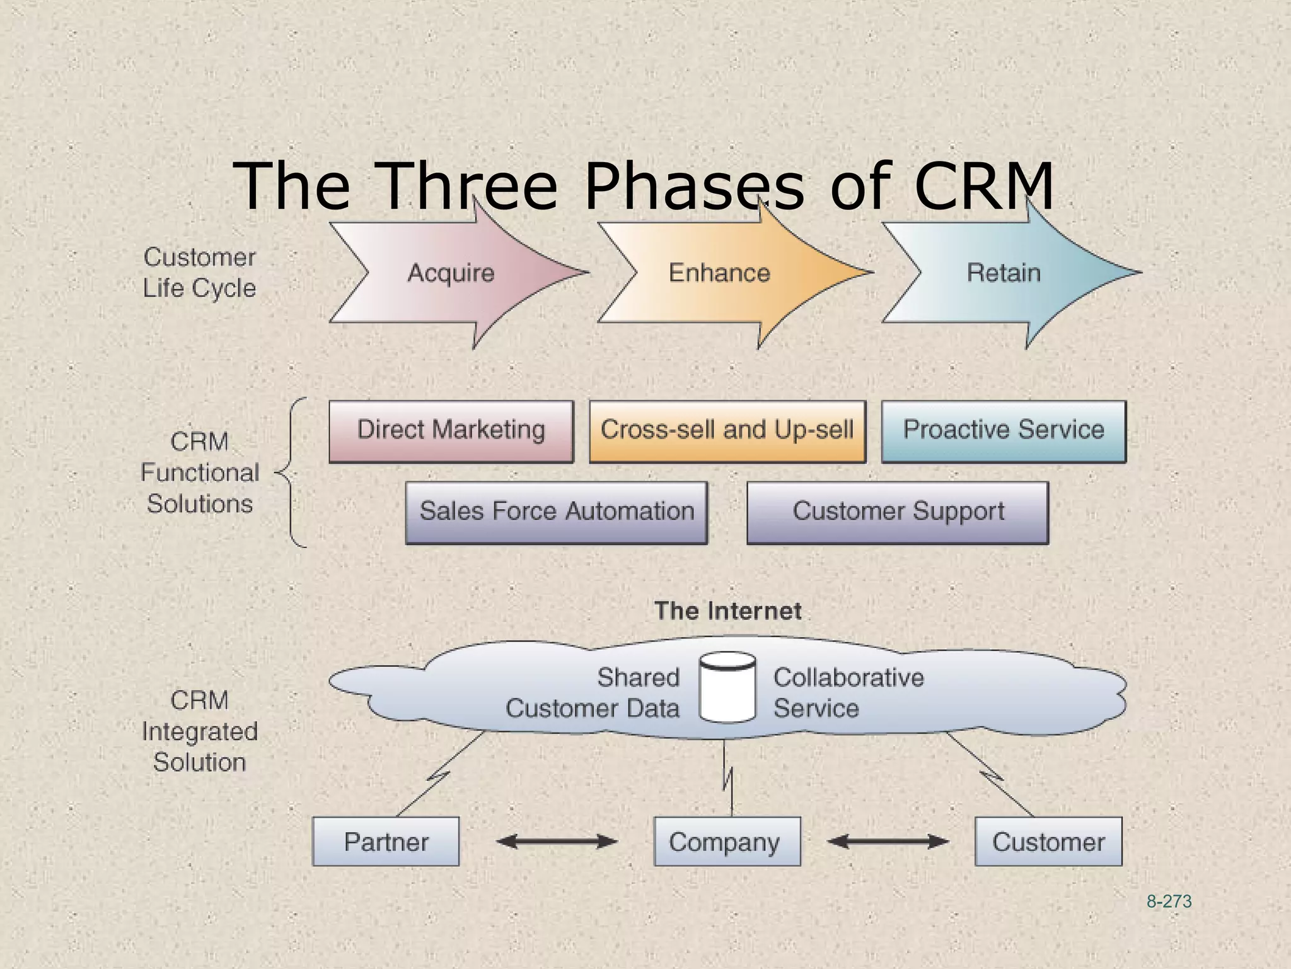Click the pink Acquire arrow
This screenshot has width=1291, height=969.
pos(451,273)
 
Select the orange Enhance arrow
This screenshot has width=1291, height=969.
pos(719,273)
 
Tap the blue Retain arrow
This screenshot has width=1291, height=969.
pos(1004,273)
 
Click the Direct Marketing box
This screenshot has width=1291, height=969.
pos(451,431)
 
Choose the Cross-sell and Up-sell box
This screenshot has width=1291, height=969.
pos(727,431)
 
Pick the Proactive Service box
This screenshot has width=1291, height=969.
pos(1004,431)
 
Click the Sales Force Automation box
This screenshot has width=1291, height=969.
pos(557,512)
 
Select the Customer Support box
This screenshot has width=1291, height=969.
pos(898,512)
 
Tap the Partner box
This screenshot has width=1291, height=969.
pos(386,842)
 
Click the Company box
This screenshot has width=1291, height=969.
pos(727,842)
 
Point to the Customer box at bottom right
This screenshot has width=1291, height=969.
pos(1048,842)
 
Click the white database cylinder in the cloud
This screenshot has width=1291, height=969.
pos(727,688)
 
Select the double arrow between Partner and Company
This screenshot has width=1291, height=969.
pos(557,841)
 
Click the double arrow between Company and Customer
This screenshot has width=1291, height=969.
pos(888,841)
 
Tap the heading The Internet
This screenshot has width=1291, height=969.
pos(727,611)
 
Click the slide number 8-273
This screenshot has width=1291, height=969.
pos(1169,901)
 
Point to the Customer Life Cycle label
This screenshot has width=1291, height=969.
pos(199,273)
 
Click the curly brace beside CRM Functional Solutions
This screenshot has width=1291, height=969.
pos(291,473)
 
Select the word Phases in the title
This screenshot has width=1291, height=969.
pos(693,186)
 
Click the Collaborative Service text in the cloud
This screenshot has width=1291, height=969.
pos(848,693)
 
